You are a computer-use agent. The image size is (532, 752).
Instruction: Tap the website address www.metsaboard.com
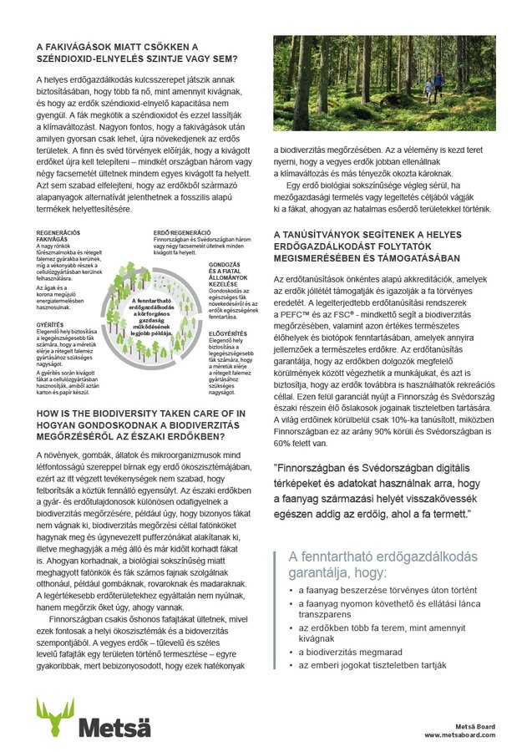click(459, 734)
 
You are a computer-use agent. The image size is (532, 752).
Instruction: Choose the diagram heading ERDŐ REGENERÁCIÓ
click(182, 231)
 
